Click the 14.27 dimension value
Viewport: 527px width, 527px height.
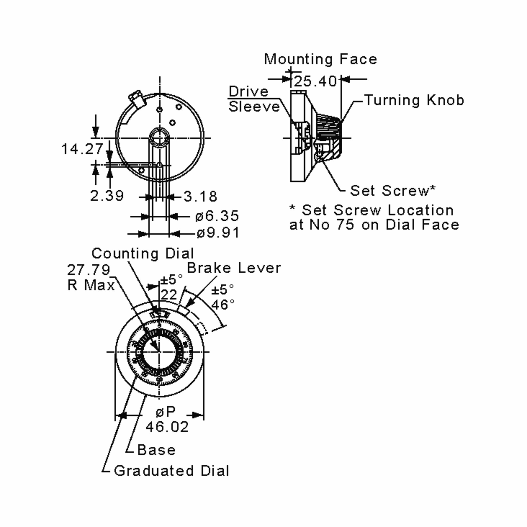[x=82, y=149]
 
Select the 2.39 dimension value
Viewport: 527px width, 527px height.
[x=107, y=196]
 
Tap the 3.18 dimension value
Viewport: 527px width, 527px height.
[x=200, y=196]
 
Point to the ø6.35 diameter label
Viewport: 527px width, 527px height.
[x=217, y=216]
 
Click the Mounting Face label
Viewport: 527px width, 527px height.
[x=321, y=59]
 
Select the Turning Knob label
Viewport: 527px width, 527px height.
[x=414, y=100]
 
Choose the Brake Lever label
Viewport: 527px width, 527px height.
[x=234, y=268]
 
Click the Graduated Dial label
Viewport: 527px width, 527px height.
[x=171, y=471]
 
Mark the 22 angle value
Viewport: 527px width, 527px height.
[x=169, y=295]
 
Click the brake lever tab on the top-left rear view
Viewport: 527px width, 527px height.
[x=137, y=99]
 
